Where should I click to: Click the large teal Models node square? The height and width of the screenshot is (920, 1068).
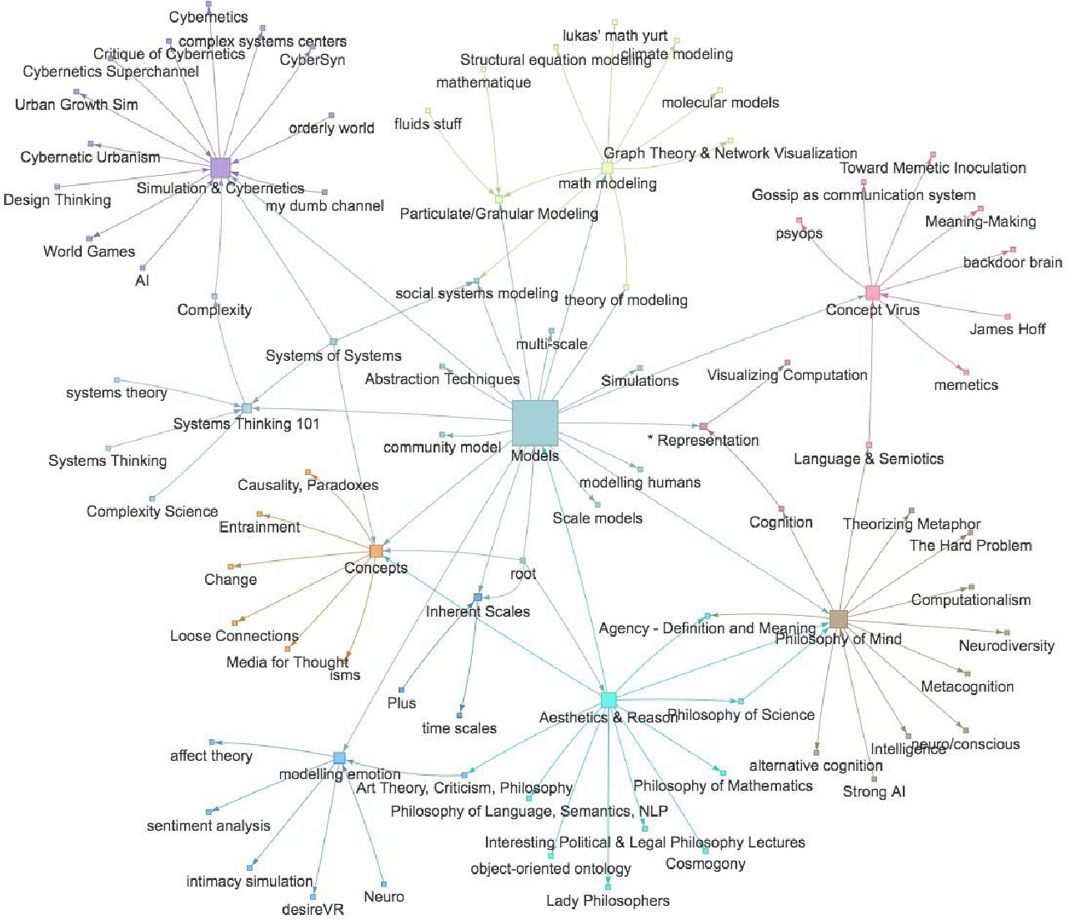534,422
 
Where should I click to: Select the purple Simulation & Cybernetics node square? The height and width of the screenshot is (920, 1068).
220,167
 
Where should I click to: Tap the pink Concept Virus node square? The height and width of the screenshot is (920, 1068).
872,292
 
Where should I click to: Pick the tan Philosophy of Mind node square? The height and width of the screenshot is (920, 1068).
839,618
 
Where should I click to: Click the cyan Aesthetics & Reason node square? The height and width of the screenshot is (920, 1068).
609,699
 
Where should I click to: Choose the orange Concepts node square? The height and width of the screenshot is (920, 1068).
376,551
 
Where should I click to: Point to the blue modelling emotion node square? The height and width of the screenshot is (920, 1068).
339,757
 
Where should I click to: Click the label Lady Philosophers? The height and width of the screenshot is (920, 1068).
608,900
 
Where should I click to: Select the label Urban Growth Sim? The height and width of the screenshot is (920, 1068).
77,105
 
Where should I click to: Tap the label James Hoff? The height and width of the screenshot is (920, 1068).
1007,329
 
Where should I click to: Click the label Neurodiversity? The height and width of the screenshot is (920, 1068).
1006,646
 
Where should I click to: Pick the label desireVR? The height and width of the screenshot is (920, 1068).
313,909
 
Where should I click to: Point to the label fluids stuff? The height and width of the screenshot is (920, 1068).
428,124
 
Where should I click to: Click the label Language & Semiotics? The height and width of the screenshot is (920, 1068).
869,458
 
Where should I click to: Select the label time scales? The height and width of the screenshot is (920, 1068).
459,728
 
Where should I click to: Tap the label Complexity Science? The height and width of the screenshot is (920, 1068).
153,512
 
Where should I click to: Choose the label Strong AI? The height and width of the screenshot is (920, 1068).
874,792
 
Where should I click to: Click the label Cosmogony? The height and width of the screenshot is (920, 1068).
705,864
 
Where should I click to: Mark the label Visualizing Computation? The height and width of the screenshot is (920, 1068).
787,375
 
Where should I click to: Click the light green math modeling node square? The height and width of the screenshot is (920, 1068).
608,167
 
